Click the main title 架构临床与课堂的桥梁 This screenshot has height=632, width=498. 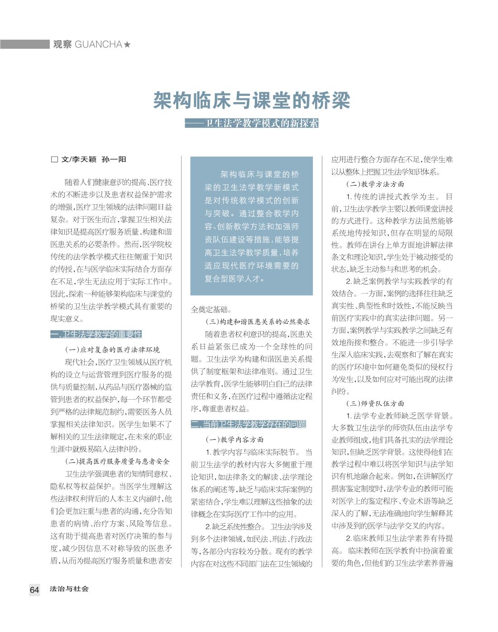(251, 100)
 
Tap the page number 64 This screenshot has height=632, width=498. (34, 590)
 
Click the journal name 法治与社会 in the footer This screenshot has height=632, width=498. (69, 589)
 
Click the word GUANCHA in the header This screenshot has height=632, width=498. (98, 44)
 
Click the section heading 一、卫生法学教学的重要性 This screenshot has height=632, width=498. (96, 335)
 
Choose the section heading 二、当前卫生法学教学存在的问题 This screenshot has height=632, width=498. (249, 424)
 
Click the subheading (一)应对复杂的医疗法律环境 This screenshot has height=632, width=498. (112, 350)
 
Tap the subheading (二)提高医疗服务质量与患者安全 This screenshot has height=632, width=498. (117, 462)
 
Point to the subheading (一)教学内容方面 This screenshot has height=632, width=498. (235, 439)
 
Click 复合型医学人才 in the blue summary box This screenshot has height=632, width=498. (234, 278)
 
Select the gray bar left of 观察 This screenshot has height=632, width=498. (25, 44)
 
